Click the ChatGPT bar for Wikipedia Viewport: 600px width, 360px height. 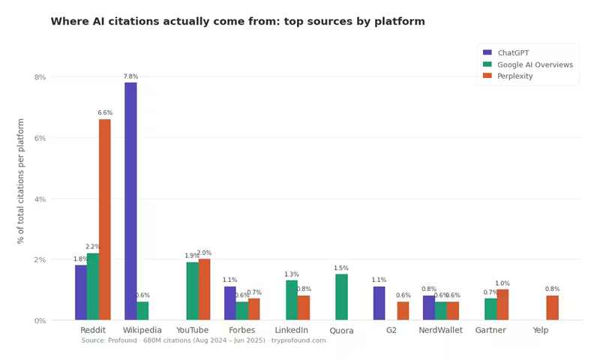(130, 201)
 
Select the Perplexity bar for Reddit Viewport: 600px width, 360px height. (104, 220)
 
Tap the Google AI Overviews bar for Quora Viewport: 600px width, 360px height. (341, 297)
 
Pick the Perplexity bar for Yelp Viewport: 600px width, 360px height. (552, 307)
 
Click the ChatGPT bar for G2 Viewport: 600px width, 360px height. (379, 303)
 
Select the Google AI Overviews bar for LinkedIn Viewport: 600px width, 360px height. (292, 300)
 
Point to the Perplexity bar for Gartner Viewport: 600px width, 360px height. (502, 304)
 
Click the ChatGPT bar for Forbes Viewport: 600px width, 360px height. (229, 303)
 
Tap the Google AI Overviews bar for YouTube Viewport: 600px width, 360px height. (192, 291)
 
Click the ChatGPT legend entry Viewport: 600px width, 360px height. (513, 53)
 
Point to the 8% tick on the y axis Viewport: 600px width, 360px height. (40, 77)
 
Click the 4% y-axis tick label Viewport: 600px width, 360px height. (40, 199)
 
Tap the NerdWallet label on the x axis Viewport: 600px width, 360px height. (440, 330)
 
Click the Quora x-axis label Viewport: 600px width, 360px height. (341, 331)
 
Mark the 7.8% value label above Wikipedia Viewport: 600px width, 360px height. (130, 76)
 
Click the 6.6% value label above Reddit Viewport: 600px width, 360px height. (105, 113)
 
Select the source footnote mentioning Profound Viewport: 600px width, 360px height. (203, 340)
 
